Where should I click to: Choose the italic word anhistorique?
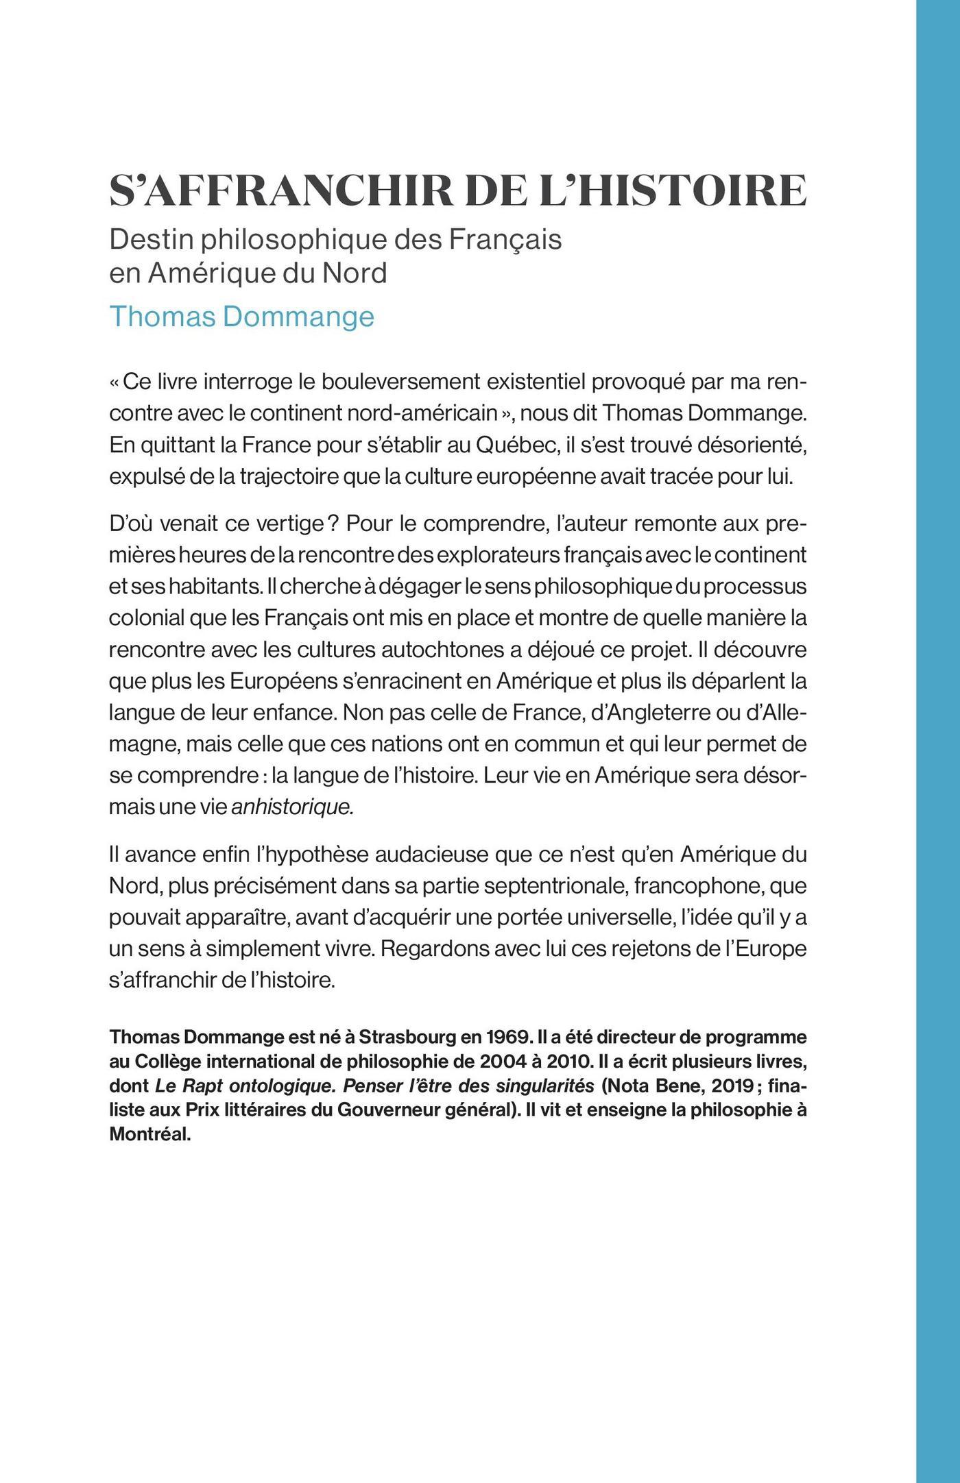pos(293,807)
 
